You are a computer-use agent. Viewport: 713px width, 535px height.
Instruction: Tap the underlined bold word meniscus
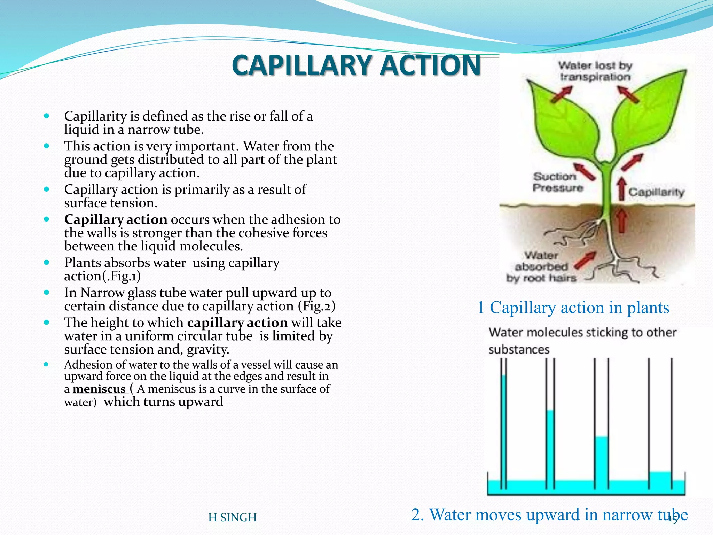pyautogui.click(x=99, y=389)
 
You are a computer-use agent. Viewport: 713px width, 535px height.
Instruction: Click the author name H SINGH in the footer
pyautogui.click(x=232, y=518)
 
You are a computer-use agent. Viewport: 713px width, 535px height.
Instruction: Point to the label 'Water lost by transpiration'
pyautogui.click(x=595, y=71)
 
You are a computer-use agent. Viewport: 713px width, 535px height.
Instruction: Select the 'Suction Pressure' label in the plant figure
pyautogui.click(x=557, y=182)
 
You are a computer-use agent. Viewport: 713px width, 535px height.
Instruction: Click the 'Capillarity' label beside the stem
pyautogui.click(x=656, y=192)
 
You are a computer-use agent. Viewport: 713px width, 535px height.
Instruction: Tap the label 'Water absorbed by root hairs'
pyautogui.click(x=541, y=267)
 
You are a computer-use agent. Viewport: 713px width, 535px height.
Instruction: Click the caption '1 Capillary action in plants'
pyautogui.click(x=573, y=308)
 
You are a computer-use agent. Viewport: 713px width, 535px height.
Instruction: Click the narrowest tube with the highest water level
pyautogui.click(x=503, y=428)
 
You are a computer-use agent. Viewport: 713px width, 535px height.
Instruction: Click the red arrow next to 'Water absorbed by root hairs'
pyautogui.click(x=585, y=261)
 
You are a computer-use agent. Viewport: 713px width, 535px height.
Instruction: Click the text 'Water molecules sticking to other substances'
pyautogui.click(x=582, y=341)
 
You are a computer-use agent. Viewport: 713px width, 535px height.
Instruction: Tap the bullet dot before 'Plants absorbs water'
pyautogui.click(x=47, y=263)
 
